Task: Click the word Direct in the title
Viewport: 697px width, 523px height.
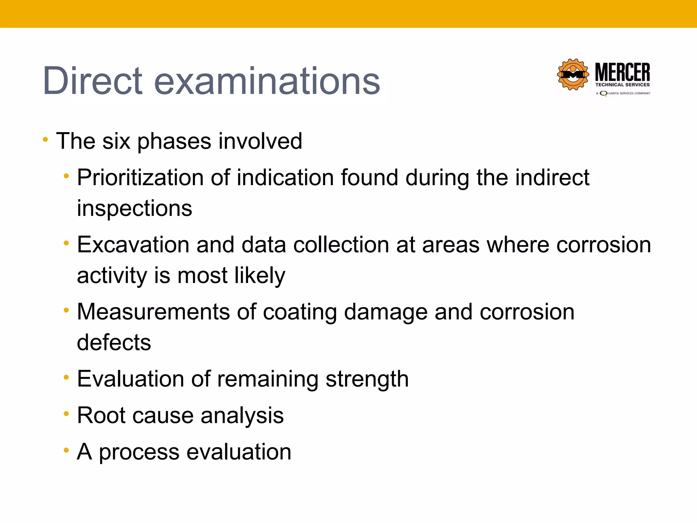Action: (x=93, y=81)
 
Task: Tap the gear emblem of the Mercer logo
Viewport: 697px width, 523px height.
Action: (x=573, y=75)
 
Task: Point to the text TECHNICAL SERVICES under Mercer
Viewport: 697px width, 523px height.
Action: (x=622, y=85)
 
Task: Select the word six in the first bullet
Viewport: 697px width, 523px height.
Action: (x=116, y=141)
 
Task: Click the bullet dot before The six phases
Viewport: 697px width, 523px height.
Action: (x=45, y=139)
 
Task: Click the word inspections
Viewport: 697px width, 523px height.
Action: (x=134, y=208)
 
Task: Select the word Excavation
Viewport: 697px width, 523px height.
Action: (x=133, y=245)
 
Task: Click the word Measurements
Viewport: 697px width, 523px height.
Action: (x=153, y=312)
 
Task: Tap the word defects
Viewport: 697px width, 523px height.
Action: (x=114, y=343)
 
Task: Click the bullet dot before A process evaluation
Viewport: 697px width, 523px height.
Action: (x=66, y=450)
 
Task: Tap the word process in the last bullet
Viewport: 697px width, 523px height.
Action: (x=139, y=453)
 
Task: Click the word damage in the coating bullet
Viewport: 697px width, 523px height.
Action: (x=386, y=313)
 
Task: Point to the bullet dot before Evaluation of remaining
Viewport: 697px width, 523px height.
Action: (x=66, y=377)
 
